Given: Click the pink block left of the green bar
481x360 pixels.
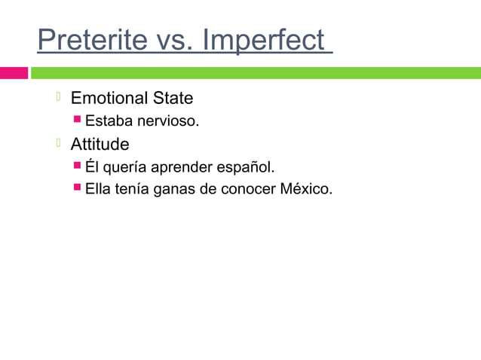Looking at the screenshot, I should tap(14, 73).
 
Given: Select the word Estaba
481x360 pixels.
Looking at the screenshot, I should tap(107, 121).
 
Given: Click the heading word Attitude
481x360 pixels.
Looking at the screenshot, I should tap(100, 143).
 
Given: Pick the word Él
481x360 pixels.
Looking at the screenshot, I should tap(92, 166).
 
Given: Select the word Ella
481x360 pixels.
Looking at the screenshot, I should tap(98, 188).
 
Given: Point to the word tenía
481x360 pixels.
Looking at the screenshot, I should tap(131, 188).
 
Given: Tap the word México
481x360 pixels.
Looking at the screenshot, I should tap(305, 188).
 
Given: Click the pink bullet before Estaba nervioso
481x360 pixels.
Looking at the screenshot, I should tap(78, 120).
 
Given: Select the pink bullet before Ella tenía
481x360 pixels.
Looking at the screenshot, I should tap(78, 188).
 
